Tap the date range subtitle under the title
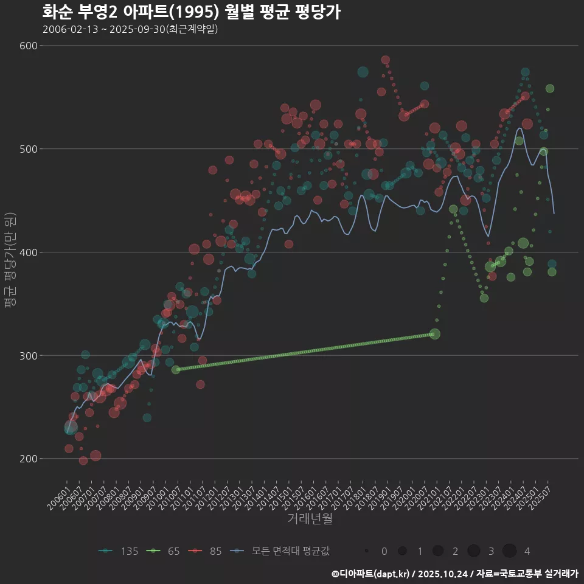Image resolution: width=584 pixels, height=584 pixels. (x=130, y=29)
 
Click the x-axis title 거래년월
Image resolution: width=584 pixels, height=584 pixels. (x=310, y=519)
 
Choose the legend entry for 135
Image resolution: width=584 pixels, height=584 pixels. (x=119, y=551)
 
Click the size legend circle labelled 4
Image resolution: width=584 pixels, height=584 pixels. (x=509, y=551)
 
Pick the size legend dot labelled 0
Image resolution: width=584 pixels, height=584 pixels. (x=367, y=551)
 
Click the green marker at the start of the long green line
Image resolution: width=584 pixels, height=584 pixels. (x=176, y=370)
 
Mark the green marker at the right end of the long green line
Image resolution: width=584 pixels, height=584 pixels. (x=434, y=334)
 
